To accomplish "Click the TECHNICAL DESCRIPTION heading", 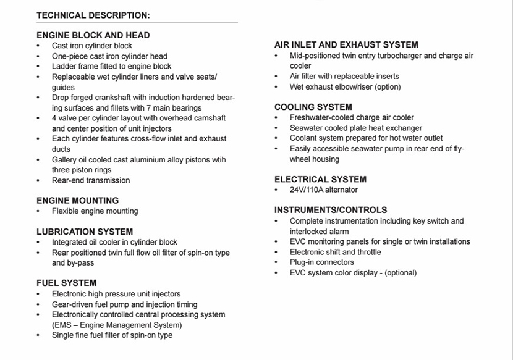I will [x=93, y=15].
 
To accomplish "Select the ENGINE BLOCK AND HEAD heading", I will [x=93, y=35].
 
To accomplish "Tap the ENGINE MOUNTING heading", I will [x=77, y=201].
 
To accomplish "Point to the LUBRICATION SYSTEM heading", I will [x=85, y=232].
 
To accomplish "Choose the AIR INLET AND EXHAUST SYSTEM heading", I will [x=346, y=44].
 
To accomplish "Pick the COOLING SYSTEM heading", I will [x=313, y=107].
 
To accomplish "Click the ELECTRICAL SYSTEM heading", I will [x=320, y=180].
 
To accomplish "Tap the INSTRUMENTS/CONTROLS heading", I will [x=331, y=210].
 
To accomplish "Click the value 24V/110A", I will [x=310, y=190].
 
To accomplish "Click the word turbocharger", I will [x=398, y=56].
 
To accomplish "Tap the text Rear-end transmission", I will [x=91, y=180].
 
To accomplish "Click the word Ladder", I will [x=64, y=66].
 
